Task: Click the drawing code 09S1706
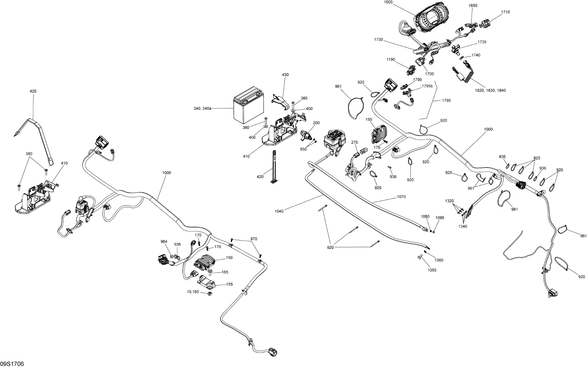coord(12,364)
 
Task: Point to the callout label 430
coord(285,75)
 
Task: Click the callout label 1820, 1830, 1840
coord(490,91)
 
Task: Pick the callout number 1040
coord(279,211)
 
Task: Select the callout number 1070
coord(401,197)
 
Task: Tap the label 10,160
coord(192,292)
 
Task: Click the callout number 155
coord(229,284)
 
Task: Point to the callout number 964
coord(164,242)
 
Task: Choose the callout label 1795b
coord(427,86)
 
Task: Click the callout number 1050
coord(432,270)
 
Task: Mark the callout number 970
coord(254,239)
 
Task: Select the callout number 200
coord(316,123)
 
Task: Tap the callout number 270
coord(354,143)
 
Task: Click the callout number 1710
coord(506,12)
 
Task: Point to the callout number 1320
coord(449,201)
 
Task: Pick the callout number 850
coord(303,149)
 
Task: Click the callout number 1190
coord(391,60)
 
